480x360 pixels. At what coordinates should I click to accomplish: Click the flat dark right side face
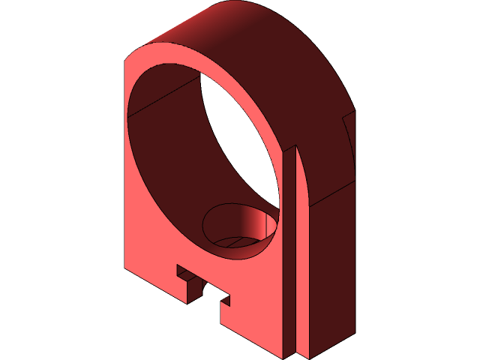(x=330, y=270)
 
